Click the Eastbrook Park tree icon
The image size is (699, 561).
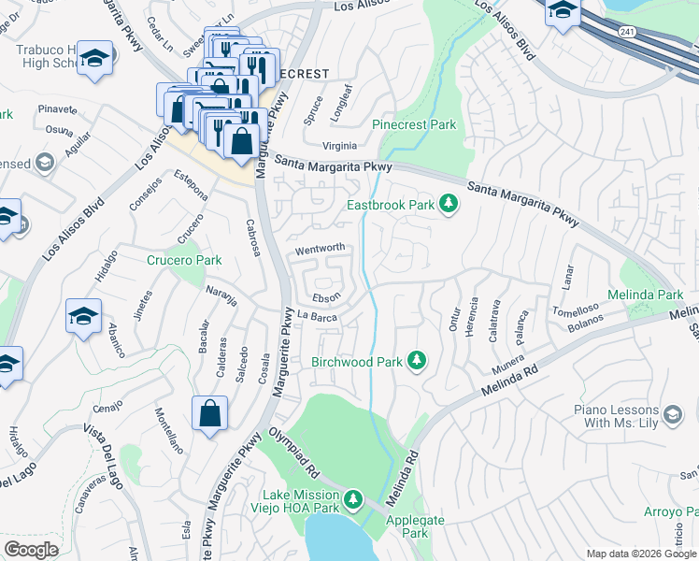[449, 203]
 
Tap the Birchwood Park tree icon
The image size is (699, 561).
[419, 361]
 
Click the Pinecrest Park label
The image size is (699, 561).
[414, 124]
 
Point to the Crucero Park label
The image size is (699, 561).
[184, 260]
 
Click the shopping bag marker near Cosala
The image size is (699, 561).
[209, 412]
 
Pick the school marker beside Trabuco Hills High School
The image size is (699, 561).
[95, 58]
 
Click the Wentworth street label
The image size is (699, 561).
[321, 249]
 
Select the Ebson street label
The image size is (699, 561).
[326, 296]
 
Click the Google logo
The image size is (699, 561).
[31, 549]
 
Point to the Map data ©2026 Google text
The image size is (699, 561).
[640, 554]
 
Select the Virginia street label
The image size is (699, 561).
[339, 146]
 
